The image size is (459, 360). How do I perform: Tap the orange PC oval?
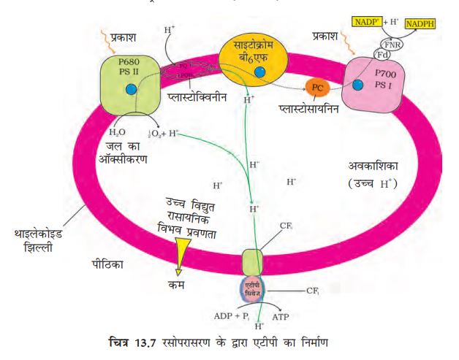click(316, 88)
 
